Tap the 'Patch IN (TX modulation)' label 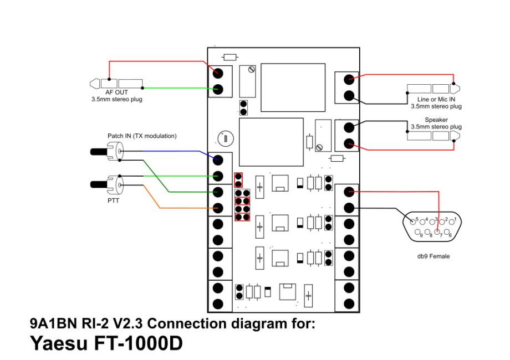(x=142, y=136)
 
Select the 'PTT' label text (x=98, y=200)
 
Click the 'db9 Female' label (x=433, y=256)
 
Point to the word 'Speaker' (x=436, y=120)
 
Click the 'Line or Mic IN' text (x=436, y=99)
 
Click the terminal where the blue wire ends (x=217, y=161)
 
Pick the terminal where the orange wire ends (x=217, y=208)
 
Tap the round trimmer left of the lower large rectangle (x=224, y=138)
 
